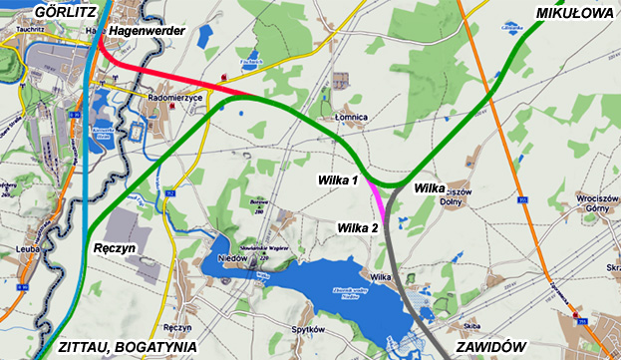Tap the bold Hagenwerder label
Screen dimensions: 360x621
tap(149, 33)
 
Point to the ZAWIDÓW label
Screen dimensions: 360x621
tap(489, 346)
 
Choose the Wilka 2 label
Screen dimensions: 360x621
tap(358, 227)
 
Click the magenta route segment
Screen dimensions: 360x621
tap(378, 196)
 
